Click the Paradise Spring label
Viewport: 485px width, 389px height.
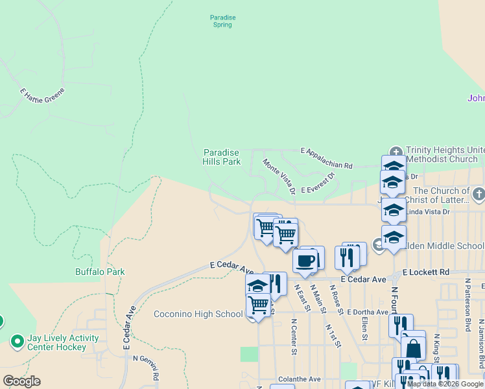pos(222,21)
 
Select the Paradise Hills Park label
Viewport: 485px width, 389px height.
pos(222,157)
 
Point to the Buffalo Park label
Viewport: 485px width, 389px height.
pos(100,272)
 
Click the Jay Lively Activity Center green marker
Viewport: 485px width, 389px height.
pos(18,340)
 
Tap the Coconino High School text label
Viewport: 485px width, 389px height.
pos(198,314)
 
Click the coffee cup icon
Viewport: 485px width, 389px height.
pos(305,261)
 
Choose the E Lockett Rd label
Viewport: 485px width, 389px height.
pos(425,273)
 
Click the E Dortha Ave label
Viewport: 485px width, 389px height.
pos(366,312)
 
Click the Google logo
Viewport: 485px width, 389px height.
pos(21,381)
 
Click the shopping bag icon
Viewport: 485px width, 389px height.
pos(413,348)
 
